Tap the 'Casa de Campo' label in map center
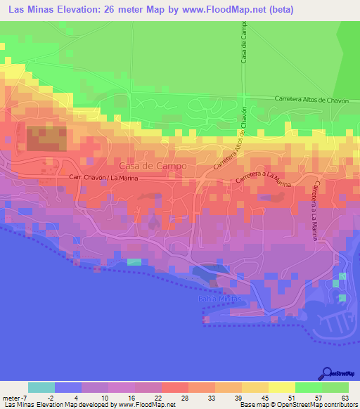[153, 166]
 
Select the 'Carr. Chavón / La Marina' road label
[103, 178]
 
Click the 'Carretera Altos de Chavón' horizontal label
[311, 100]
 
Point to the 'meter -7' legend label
[17, 398]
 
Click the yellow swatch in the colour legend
[282, 387]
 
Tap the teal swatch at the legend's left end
[41, 387]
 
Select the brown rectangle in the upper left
[47, 138]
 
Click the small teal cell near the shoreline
[134, 262]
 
